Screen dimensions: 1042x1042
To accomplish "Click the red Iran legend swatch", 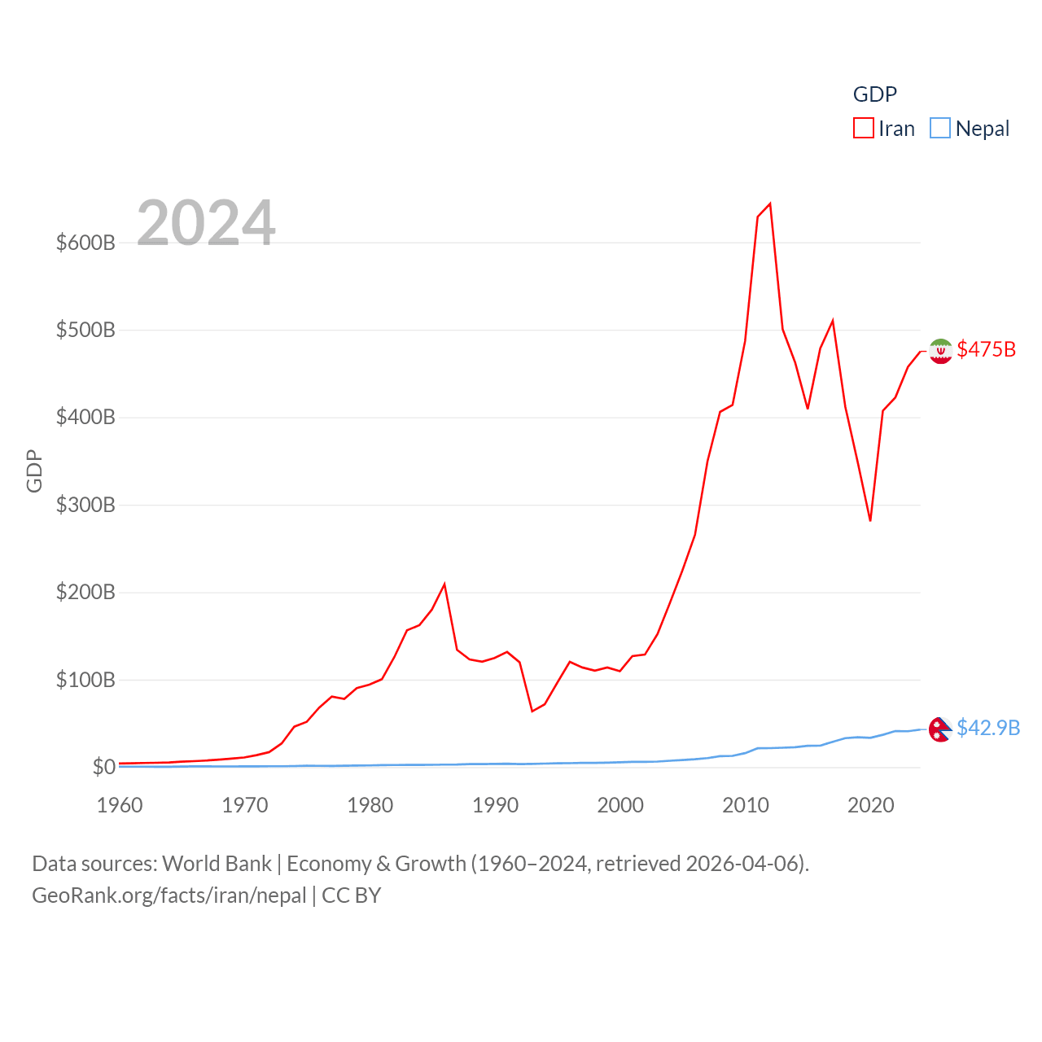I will coord(863,129).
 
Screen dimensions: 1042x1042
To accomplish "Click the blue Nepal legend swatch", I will coord(939,129).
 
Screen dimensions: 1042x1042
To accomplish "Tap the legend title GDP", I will coord(874,94).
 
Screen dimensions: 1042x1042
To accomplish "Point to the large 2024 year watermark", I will coord(206,223).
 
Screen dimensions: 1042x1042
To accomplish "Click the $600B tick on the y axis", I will coord(85,243).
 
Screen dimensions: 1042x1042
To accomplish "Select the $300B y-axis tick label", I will coord(85,505).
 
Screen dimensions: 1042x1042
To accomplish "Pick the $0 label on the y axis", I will coord(103,767).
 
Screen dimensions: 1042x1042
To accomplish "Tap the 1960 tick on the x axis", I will coord(120,805).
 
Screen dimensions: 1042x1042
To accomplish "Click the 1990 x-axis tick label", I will coord(495,805).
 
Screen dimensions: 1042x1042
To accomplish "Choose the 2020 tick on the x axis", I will coord(870,805).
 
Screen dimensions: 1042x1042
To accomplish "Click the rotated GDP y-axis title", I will coord(34,471).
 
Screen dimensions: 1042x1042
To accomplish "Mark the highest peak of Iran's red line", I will coord(769,204).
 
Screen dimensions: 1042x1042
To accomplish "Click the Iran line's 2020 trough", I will coord(870,520).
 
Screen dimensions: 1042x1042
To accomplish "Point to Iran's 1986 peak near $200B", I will coord(444,584).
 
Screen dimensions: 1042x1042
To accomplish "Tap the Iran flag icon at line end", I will coord(940,351).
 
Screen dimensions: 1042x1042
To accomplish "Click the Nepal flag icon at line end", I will coord(940,729).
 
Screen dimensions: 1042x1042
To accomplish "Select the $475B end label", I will coord(986,349).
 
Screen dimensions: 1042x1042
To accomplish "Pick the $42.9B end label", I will coord(988,728).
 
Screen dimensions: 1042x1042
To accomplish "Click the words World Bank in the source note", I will coord(217,864).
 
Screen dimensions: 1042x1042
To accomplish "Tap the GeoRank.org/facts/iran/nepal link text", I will coord(169,895).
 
